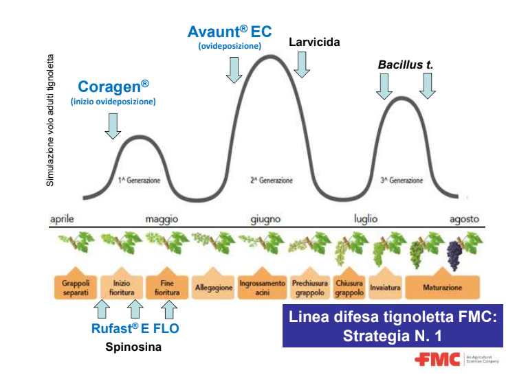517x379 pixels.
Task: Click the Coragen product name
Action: [113, 87]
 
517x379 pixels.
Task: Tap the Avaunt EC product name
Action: [230, 32]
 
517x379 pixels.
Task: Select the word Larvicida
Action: [314, 42]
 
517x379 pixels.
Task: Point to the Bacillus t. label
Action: [405, 65]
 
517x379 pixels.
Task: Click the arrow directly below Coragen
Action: [113, 124]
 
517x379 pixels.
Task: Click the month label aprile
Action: [61, 219]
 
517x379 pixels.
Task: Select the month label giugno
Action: [265, 219]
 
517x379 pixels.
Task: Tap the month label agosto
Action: [464, 219]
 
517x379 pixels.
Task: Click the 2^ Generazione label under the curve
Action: [271, 181]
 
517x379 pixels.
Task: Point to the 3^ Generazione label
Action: [401, 181]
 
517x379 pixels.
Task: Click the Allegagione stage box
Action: [214, 288]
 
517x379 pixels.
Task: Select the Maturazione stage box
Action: [443, 288]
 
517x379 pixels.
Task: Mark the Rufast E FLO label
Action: [135, 328]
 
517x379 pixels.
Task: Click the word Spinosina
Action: [133, 347]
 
